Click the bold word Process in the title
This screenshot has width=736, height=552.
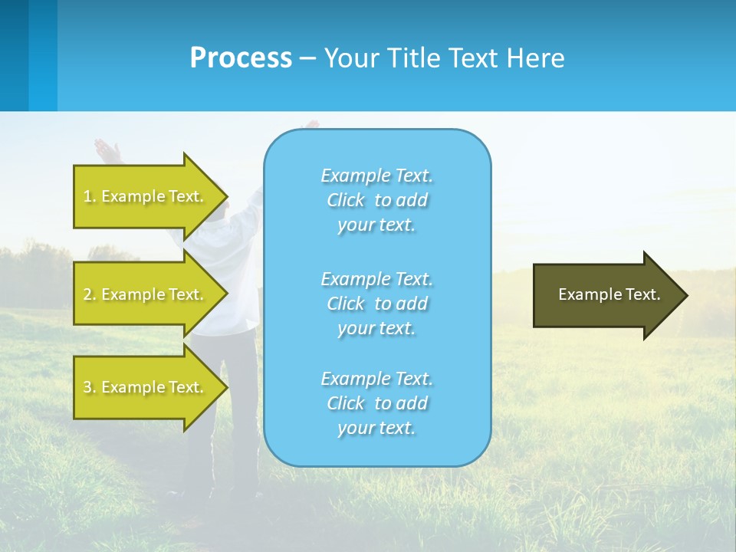point(241,58)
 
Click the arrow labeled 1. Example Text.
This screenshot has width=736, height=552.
point(146,196)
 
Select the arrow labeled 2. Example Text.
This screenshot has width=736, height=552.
point(146,294)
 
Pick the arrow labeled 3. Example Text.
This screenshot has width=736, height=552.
point(146,387)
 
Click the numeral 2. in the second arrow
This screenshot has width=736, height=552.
point(89,294)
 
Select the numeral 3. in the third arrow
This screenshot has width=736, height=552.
point(89,387)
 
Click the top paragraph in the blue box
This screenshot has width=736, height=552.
point(377,199)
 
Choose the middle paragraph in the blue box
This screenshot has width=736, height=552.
point(377,303)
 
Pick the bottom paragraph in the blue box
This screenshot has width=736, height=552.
point(377,402)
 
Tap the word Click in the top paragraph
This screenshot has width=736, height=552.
point(346,200)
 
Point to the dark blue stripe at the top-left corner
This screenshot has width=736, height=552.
point(14,55)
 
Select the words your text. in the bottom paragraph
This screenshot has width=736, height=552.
point(376,428)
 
